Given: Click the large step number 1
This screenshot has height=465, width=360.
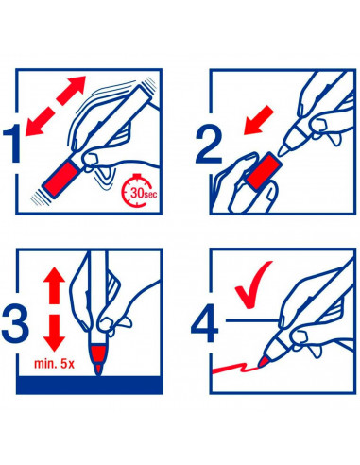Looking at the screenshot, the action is [x=13, y=144].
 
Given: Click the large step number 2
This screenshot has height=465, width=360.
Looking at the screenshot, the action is [x=208, y=145].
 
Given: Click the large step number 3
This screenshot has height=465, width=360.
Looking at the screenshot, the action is [x=15, y=324].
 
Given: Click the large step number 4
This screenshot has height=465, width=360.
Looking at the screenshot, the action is [x=205, y=323].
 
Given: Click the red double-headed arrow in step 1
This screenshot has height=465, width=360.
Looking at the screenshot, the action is [x=56, y=106].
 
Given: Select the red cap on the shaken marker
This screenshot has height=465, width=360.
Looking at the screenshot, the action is [x=60, y=179].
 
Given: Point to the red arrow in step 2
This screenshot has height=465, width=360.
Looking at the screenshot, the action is [x=259, y=120].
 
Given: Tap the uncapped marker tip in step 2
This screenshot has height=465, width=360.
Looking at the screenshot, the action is [x=283, y=151].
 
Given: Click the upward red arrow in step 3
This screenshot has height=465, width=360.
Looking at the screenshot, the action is [x=54, y=285].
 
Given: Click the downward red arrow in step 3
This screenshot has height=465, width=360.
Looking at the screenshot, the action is [x=54, y=333].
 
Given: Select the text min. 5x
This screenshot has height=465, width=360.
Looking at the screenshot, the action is [x=55, y=364].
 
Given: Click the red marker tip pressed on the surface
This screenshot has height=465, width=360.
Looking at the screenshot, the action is [x=99, y=370].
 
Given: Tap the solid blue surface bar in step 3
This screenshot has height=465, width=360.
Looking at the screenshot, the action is [x=90, y=385].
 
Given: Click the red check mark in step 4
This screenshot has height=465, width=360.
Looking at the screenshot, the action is [x=252, y=284].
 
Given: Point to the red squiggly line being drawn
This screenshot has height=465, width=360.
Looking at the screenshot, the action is [x=235, y=368].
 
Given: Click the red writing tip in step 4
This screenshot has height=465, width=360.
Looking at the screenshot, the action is [x=263, y=362].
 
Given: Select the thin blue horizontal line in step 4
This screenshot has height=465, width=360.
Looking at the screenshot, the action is [x=252, y=320].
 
